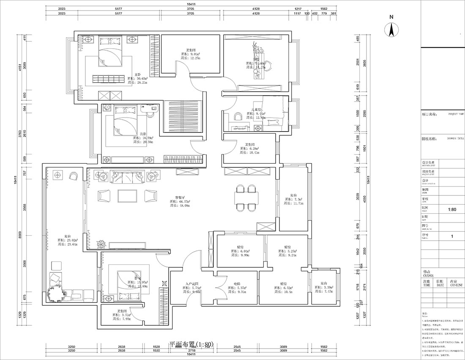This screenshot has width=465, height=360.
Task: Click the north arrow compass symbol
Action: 392,29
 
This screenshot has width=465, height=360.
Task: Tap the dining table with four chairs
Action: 246,197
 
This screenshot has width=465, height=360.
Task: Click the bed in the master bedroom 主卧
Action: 111,53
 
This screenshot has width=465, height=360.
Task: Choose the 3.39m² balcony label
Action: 325,288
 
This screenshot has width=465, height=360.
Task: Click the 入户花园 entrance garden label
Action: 191,284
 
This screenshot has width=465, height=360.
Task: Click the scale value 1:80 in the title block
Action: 451,209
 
